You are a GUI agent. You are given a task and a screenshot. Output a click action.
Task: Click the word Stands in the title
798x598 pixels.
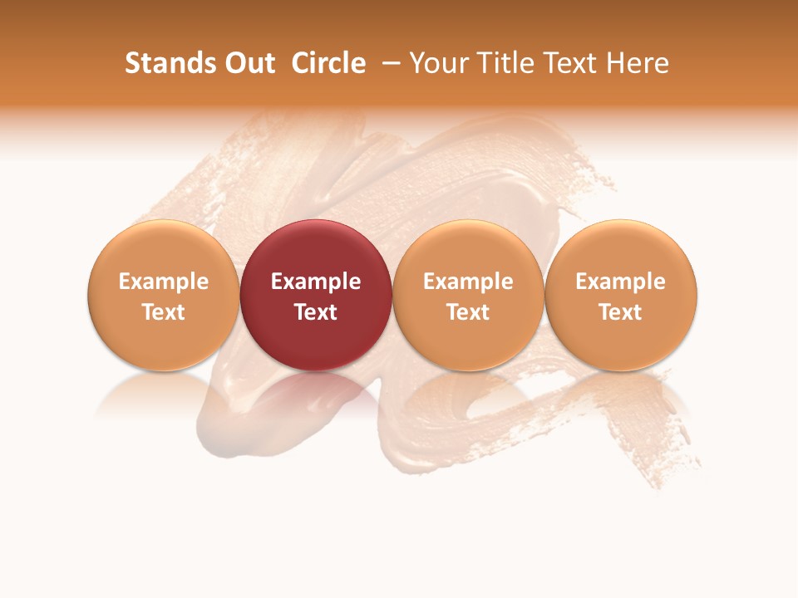pyautogui.click(x=163, y=63)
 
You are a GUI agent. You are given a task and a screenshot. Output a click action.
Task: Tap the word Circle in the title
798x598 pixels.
pyautogui.click(x=328, y=63)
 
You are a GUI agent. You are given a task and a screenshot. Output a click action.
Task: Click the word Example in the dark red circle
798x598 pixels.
pyautogui.click(x=316, y=282)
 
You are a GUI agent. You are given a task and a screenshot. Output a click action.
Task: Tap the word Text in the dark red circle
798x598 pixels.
pyautogui.click(x=316, y=312)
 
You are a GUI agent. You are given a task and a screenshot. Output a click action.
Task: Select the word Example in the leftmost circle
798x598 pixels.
pyautogui.click(x=164, y=282)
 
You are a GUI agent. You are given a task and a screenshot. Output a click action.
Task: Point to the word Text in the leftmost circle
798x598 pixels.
pyautogui.click(x=164, y=312)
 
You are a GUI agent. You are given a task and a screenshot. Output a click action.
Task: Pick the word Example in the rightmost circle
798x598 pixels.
pyautogui.click(x=621, y=282)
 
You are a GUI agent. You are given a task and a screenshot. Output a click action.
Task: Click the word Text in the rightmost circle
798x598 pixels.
pyautogui.click(x=621, y=312)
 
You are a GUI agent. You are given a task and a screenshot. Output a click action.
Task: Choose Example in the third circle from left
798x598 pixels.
pyautogui.click(x=468, y=282)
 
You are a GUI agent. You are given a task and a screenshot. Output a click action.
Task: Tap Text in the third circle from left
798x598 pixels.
pyautogui.click(x=468, y=312)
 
